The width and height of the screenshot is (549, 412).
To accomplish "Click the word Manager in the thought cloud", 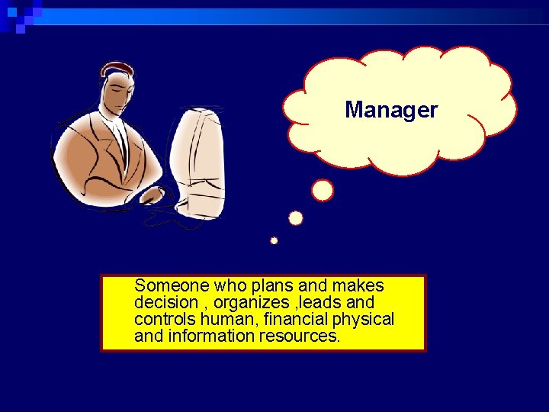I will (x=391, y=111).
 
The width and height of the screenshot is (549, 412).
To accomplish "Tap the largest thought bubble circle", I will (x=323, y=190).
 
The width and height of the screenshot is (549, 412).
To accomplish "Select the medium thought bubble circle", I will (x=296, y=218).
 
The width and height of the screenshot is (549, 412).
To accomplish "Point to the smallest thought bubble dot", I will (x=274, y=241).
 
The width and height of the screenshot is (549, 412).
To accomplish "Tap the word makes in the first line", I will (x=358, y=286).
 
